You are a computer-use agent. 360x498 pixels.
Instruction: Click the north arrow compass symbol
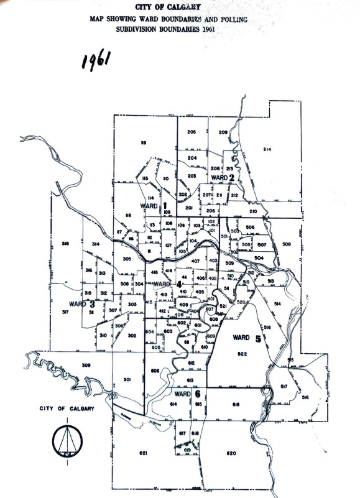[65, 442]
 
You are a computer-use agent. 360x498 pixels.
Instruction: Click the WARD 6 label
[187, 394]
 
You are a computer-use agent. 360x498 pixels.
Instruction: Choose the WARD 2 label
[223, 177]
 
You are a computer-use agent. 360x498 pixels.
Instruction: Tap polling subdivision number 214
[267, 149]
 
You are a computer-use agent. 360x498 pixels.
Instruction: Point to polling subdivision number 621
[142, 454]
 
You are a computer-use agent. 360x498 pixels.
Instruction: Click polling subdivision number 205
[191, 132]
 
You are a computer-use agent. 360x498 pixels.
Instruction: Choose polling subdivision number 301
[127, 379]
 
